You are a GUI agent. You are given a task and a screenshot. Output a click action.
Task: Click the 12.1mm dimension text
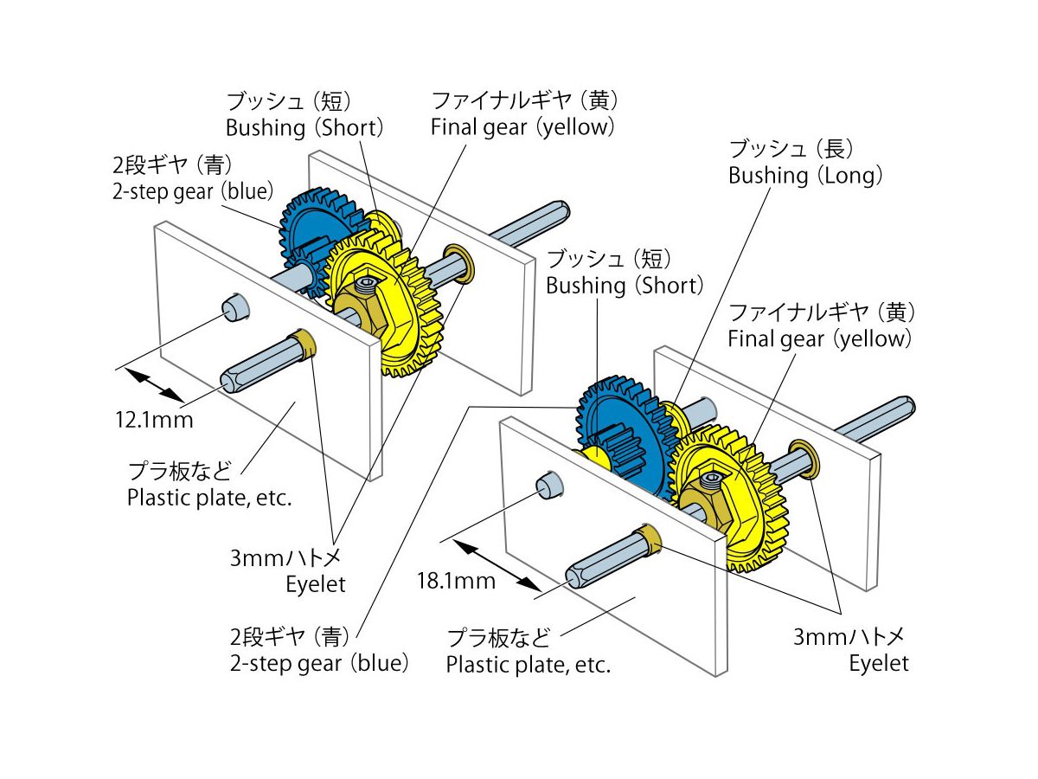[154, 421]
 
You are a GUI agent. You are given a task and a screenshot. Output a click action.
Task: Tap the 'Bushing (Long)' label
[804, 176]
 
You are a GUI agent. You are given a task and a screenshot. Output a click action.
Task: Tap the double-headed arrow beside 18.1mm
[490, 563]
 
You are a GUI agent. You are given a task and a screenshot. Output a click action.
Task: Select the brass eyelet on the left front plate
[305, 341]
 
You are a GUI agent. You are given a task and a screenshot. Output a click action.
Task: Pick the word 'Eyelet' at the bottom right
[878, 664]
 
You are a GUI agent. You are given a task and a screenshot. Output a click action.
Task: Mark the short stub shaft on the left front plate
[234, 307]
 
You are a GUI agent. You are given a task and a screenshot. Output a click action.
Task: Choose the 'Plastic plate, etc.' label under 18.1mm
[528, 666]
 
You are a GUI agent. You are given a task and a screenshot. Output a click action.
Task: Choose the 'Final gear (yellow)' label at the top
[522, 127]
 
